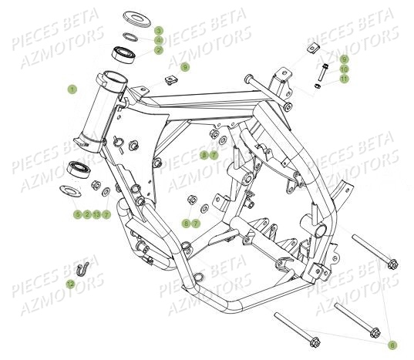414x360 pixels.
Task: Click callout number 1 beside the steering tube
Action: click(72, 89)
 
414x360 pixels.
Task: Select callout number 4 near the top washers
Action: click(159, 40)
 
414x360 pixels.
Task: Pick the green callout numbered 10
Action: click(344, 69)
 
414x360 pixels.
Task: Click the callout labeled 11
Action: click(344, 79)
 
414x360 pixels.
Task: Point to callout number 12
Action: click(70, 284)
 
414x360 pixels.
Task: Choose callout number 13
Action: click(96, 214)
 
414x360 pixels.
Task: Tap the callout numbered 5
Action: click(77, 214)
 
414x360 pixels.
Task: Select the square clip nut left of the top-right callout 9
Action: click(312, 51)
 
